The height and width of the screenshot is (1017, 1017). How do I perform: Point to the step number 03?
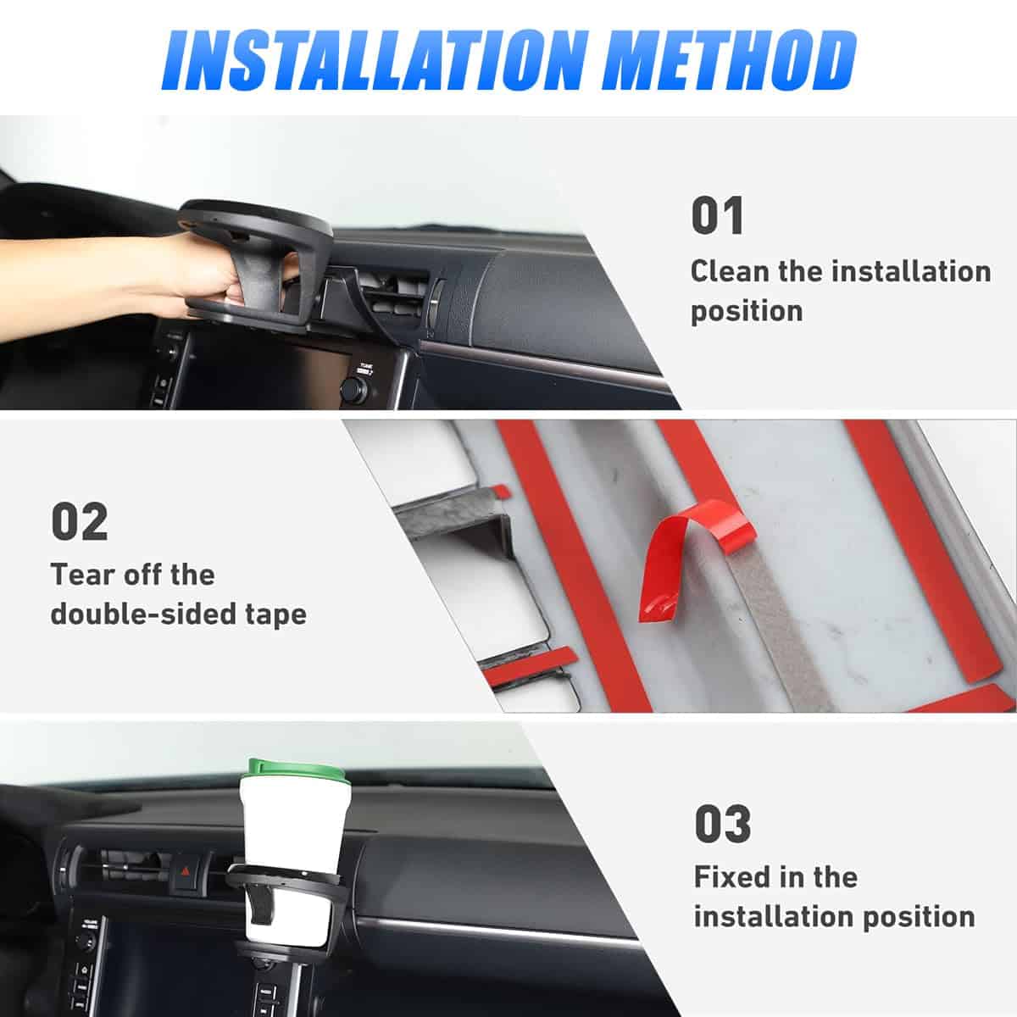click(722, 824)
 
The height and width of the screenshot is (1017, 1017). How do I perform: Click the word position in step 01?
click(746, 311)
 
